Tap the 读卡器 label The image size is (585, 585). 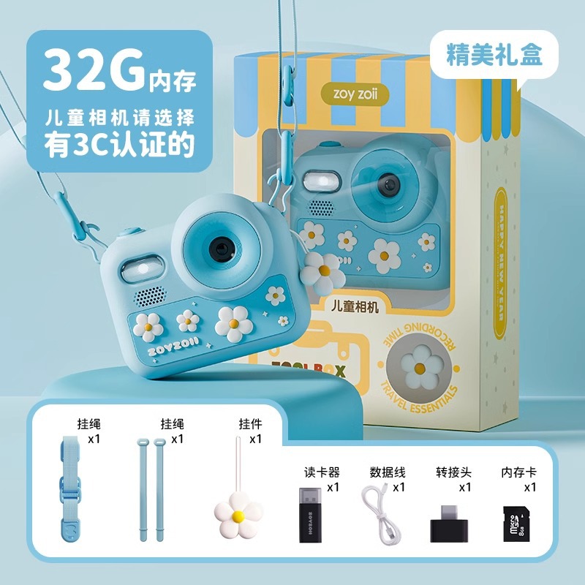322,472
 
